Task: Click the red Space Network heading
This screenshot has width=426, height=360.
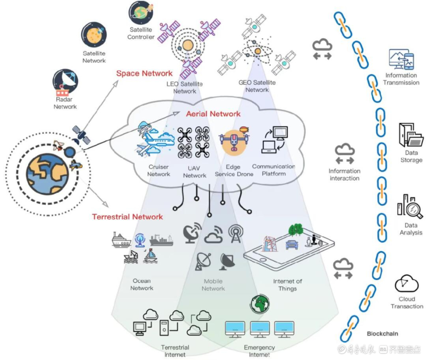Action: coord(144,73)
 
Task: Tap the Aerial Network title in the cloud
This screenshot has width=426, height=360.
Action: coord(213,114)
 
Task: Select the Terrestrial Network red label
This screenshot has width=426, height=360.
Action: coord(127,217)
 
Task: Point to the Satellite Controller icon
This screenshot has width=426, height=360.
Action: coord(141,13)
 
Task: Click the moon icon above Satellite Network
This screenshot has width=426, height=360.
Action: coord(94,35)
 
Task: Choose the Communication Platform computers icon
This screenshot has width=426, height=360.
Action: coord(274,140)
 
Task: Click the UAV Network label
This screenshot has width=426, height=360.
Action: coord(194,172)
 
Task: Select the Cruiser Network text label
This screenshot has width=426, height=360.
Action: coord(159,171)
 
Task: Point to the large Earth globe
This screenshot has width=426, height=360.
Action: coord(47,174)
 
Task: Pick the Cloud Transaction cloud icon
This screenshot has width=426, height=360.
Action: coord(406,283)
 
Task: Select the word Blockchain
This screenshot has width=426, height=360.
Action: coord(382,334)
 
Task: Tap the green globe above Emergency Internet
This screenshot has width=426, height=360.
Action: coord(260,304)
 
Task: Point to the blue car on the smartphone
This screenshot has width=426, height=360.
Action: coord(292,244)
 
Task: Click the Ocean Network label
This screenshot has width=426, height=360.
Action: coord(142,284)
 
